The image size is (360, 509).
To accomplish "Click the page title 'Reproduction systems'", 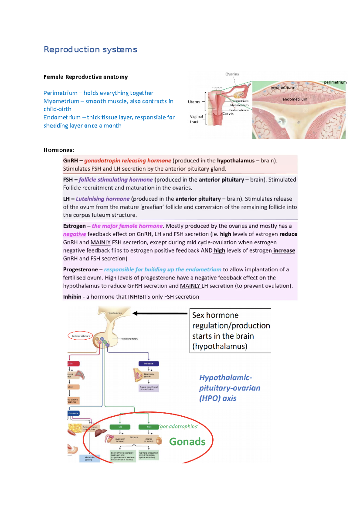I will pos(90,49).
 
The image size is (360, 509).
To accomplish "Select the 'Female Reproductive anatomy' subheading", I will pos(85,77).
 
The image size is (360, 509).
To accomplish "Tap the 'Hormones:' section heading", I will pos(58,150).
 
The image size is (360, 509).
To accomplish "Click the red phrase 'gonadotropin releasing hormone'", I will pos(127,161).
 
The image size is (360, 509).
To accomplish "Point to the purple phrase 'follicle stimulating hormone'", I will pos(115,180).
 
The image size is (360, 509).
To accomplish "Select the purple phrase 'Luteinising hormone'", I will pos(103,199).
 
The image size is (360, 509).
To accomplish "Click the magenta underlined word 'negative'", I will pos(74,234).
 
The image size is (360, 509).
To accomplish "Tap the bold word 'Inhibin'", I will pos(72,297).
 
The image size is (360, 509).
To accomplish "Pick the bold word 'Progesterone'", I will pos(80,270).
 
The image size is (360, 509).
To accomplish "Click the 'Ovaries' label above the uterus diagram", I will pos(232,74).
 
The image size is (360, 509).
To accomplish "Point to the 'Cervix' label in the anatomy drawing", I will pos(228,114).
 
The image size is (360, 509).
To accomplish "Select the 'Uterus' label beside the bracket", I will pos(194,102).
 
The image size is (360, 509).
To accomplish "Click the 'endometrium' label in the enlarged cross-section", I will pos(295,99).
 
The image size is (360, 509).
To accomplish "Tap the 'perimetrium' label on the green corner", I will pos(335,82).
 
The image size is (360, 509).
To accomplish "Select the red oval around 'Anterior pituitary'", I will pos(80,336).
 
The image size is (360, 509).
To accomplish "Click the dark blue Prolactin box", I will pos(148,364).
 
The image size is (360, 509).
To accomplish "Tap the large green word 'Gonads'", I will pos(187,442).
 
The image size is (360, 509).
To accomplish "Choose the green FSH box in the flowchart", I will pos(149,427).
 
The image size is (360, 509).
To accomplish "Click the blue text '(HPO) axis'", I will pos(218,398).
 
